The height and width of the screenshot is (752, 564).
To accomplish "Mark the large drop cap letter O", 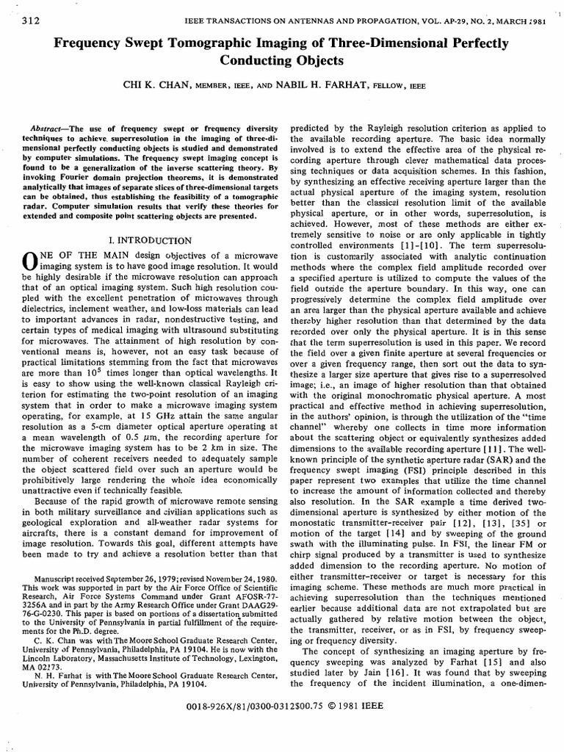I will point(30,261).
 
